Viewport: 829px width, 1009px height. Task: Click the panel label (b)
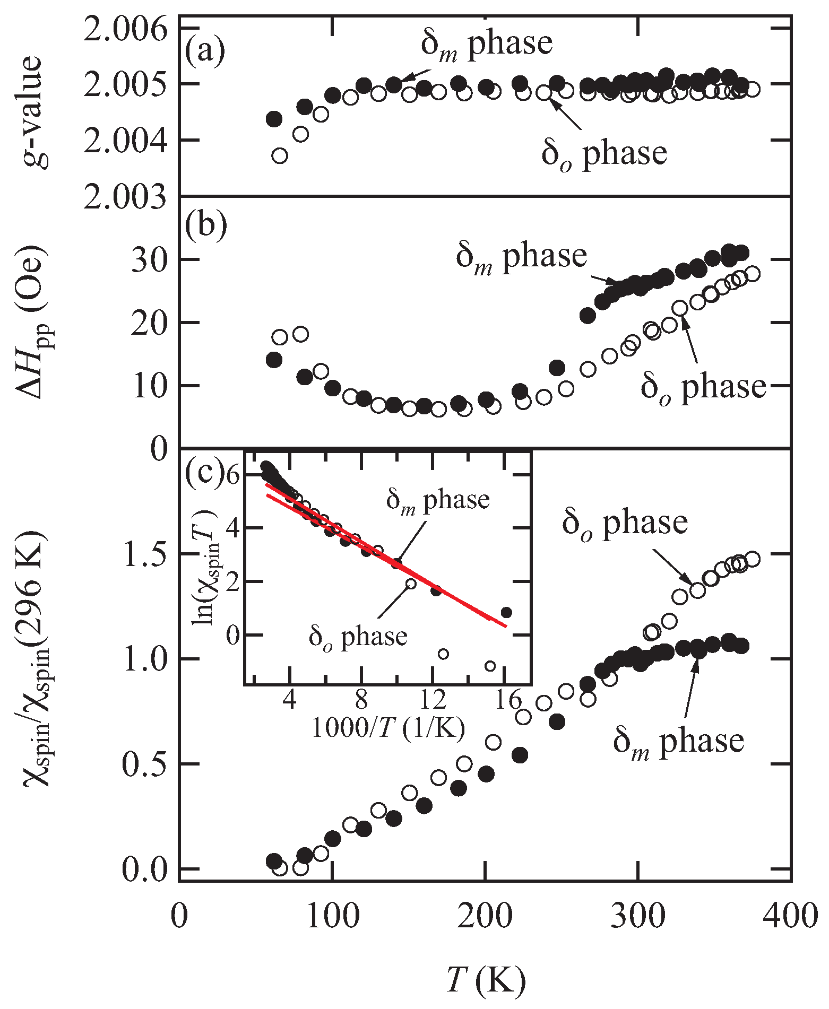(205, 225)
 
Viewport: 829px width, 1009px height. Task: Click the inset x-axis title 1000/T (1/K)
(387, 728)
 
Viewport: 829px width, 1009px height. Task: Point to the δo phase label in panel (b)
(703, 387)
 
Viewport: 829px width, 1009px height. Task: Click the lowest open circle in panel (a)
(280, 155)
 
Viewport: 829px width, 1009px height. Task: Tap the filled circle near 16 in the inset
(506, 613)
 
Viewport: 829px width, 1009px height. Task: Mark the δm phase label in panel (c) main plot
(678, 741)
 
